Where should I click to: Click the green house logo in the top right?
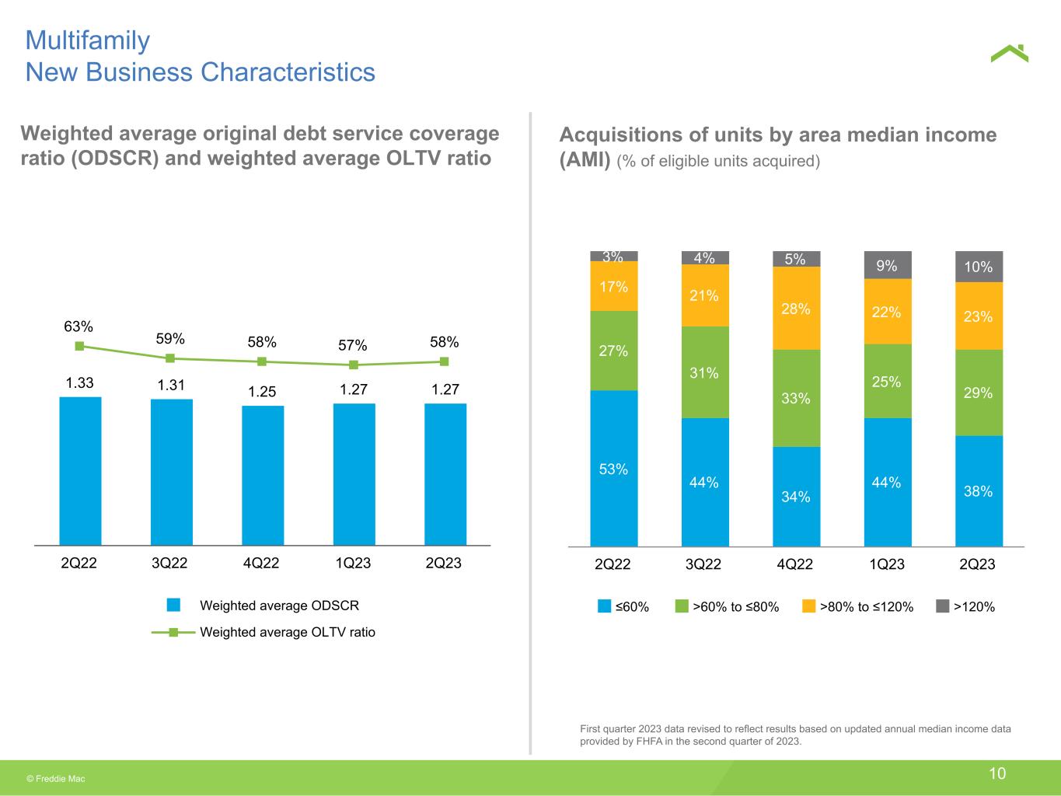(x=1009, y=54)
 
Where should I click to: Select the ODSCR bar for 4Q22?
(x=263, y=475)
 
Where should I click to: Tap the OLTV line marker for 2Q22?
(x=80, y=346)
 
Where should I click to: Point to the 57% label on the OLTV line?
(x=352, y=345)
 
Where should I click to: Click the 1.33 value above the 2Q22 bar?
(x=79, y=382)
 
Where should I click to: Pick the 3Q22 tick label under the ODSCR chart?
(x=169, y=563)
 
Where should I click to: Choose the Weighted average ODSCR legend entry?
(x=263, y=606)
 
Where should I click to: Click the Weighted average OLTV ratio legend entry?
(x=263, y=632)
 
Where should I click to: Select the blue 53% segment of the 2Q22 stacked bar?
(x=613, y=468)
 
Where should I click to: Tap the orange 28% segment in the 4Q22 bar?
(x=796, y=308)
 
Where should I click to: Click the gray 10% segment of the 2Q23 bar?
(x=979, y=267)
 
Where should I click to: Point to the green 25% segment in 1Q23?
(x=888, y=381)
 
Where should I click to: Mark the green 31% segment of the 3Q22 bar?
(x=705, y=372)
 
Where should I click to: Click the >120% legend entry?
(x=965, y=606)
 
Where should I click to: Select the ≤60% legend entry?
(x=623, y=606)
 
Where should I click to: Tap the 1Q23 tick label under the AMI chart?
(x=887, y=564)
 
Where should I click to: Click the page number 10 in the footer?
(x=997, y=773)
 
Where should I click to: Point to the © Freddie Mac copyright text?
(x=56, y=779)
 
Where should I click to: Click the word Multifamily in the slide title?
(x=88, y=41)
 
